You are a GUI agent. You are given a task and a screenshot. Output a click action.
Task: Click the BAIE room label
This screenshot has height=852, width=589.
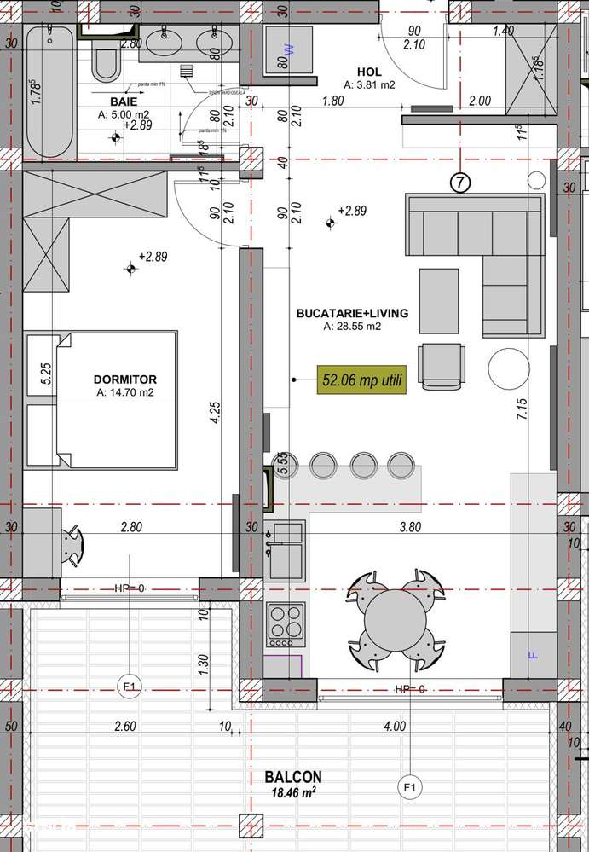[x=113, y=101]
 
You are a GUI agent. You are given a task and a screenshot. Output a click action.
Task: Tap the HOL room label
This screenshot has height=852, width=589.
[x=368, y=73]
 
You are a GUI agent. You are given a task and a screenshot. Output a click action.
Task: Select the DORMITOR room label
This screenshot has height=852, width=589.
[x=125, y=380]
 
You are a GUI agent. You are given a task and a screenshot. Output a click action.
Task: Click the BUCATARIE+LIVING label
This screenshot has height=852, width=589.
[x=351, y=314]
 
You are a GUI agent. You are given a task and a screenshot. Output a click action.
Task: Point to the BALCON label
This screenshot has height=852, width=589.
[x=292, y=778]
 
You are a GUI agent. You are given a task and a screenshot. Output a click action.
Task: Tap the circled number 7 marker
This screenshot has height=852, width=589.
[x=459, y=182]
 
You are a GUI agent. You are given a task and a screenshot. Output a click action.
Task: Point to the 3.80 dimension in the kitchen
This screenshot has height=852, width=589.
[x=410, y=528]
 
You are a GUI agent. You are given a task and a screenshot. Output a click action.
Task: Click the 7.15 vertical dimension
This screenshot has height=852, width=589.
[x=520, y=414]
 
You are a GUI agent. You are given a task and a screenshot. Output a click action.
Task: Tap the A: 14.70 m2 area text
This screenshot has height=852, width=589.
[x=125, y=394]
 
